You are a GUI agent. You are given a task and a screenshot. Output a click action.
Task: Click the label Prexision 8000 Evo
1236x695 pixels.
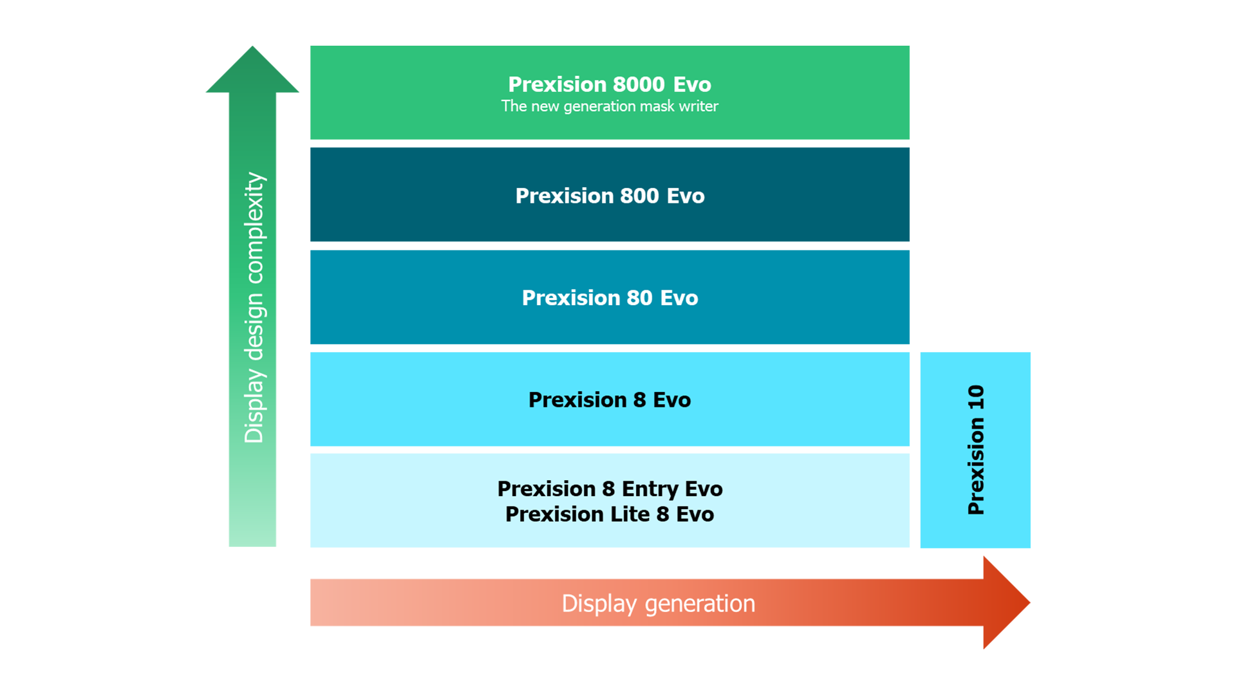(609, 84)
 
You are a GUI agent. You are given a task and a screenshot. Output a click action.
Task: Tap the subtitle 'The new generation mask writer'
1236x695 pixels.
(609, 106)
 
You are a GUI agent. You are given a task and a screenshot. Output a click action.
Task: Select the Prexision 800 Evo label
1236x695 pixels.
(610, 196)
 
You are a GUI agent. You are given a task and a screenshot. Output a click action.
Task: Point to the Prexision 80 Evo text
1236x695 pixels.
(610, 298)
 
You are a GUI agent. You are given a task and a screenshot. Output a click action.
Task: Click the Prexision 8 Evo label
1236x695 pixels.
(609, 400)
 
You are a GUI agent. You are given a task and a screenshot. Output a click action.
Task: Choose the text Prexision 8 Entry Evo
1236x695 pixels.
(610, 489)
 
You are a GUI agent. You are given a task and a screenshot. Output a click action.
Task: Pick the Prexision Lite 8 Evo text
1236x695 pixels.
(609, 515)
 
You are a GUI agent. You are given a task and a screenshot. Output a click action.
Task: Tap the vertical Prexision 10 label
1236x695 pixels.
(976, 450)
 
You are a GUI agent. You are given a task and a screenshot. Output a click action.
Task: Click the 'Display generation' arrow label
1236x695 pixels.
(658, 604)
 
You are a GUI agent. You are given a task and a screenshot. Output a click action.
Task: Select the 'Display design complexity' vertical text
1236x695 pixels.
(254, 308)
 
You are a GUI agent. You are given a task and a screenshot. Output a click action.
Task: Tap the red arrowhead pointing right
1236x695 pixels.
(1005, 603)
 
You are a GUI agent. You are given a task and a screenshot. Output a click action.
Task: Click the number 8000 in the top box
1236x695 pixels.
(639, 84)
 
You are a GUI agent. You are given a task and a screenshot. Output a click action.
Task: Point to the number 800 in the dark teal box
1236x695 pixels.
(639, 196)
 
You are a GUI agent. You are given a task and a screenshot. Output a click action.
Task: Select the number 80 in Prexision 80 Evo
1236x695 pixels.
(639, 298)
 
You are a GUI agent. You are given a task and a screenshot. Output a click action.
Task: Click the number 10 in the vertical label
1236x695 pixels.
(976, 397)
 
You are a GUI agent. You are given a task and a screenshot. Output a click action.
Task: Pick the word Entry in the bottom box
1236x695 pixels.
(650, 489)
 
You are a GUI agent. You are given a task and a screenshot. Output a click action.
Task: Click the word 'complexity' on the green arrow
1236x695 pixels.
(254, 228)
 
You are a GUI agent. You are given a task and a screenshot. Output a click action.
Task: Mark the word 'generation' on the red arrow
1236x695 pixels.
(700, 604)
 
